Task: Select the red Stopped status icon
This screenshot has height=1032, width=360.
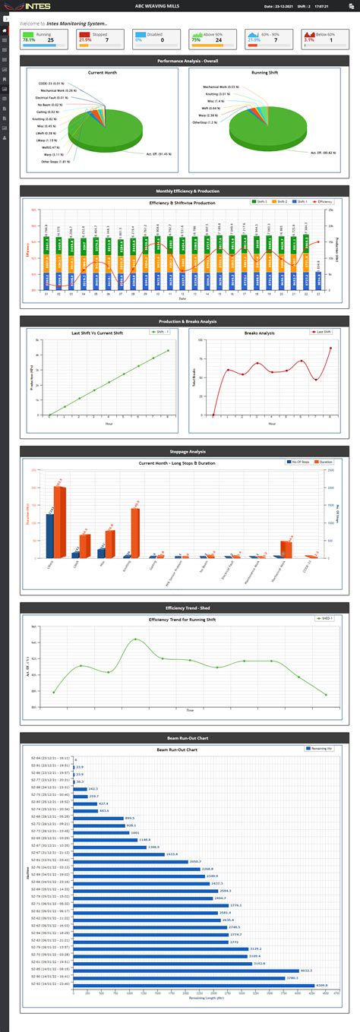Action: pos(84,35)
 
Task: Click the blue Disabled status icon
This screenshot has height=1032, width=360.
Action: pos(141,35)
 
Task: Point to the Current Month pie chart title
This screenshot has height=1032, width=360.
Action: pos(102,73)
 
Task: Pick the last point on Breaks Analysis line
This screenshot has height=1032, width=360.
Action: pos(330,348)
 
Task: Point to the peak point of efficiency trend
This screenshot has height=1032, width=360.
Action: pos(136,639)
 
